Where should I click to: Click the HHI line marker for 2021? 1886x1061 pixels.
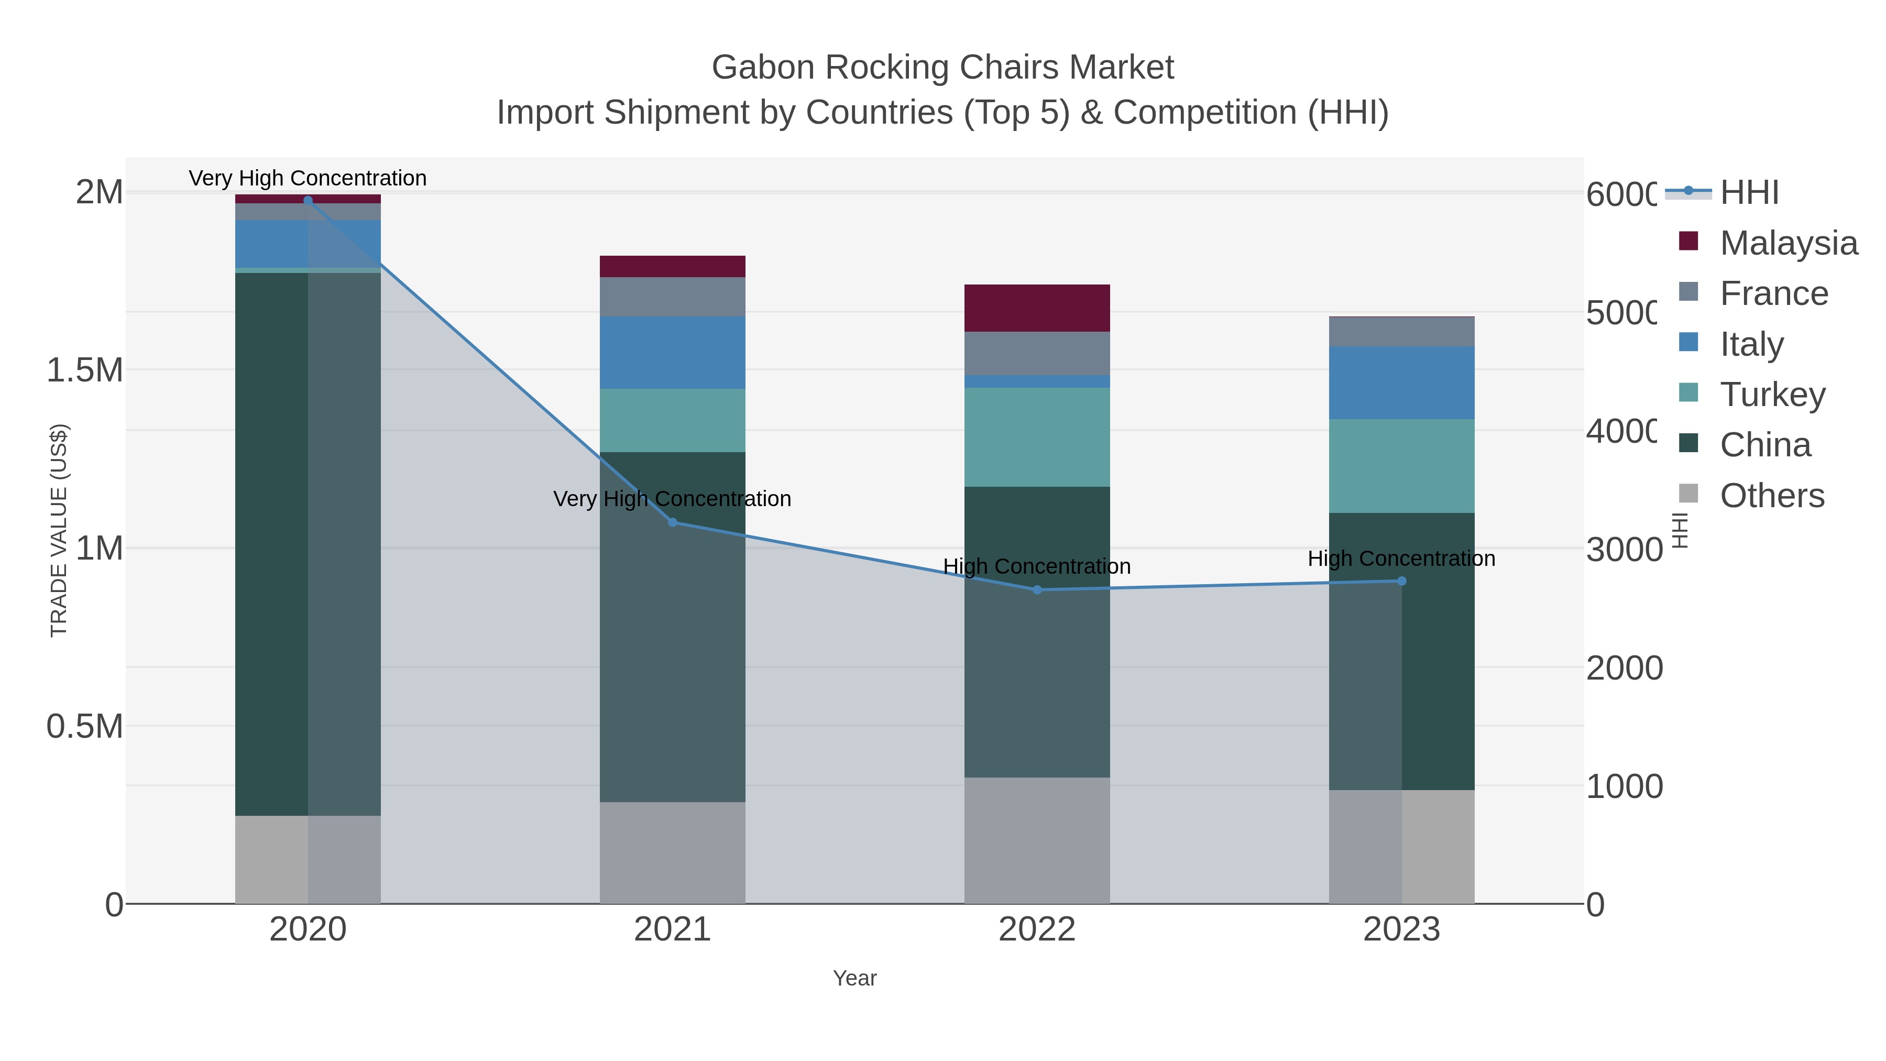click(672, 522)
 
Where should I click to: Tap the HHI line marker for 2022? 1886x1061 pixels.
click(1037, 589)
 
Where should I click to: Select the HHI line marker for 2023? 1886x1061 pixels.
click(1401, 581)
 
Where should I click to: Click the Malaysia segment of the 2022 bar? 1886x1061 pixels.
click(1037, 308)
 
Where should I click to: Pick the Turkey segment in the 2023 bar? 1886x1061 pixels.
click(1401, 466)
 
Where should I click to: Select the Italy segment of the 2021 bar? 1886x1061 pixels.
click(672, 352)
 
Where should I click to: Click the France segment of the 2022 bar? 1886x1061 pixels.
click(1037, 353)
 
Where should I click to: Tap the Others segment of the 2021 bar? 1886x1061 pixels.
click(672, 852)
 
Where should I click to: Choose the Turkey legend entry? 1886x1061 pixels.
click(1772, 394)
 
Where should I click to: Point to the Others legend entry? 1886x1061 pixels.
click(1772, 495)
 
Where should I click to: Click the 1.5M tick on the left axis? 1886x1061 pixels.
click(84, 370)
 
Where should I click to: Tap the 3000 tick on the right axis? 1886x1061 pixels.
click(1624, 549)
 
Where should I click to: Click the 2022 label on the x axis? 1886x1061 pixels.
click(1037, 929)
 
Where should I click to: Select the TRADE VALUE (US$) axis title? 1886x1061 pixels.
click(59, 530)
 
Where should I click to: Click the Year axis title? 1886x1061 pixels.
click(854, 978)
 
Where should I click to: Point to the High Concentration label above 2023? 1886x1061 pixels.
click(1401, 558)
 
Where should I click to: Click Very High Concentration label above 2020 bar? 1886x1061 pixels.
click(308, 178)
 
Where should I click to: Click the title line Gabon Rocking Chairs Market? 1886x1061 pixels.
click(942, 68)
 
